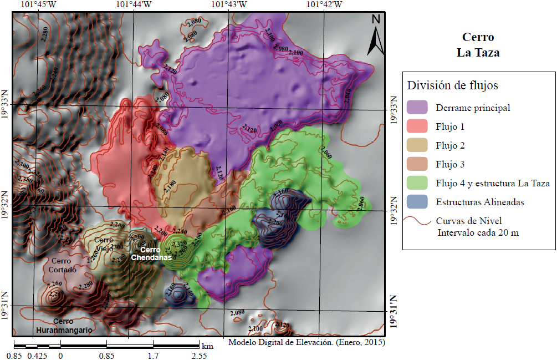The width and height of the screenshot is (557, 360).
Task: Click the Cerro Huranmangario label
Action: pyautogui.click(x=64, y=325)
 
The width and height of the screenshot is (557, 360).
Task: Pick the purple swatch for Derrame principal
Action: pyautogui.click(x=417, y=108)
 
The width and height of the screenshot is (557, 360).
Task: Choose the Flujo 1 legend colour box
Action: pyautogui.click(x=417, y=126)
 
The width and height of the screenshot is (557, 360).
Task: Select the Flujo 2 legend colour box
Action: pyautogui.click(x=417, y=145)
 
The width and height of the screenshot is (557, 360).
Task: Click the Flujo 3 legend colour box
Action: pyautogui.click(x=417, y=164)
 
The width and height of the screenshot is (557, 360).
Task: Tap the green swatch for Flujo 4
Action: pyautogui.click(x=417, y=183)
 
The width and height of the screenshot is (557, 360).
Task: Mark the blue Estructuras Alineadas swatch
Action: pyautogui.click(x=417, y=202)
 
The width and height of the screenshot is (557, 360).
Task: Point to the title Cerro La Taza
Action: pyautogui.click(x=478, y=45)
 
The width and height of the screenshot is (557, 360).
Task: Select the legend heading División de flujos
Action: pyautogui.click(x=452, y=86)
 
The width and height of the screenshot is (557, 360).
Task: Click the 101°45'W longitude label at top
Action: pyautogui.click(x=38, y=5)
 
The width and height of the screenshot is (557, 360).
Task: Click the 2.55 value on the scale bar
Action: pyautogui.click(x=199, y=356)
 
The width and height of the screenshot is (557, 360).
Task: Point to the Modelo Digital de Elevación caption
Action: pyautogui.click(x=306, y=342)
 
